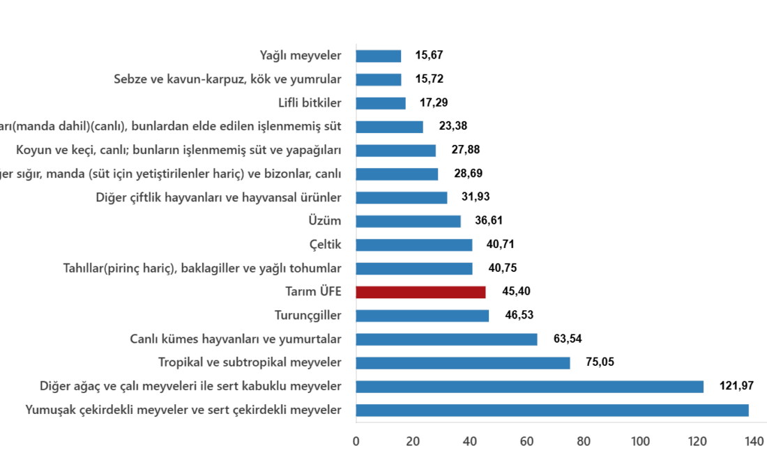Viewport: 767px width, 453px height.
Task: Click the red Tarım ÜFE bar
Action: click(421, 292)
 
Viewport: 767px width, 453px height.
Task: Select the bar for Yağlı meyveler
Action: click(379, 56)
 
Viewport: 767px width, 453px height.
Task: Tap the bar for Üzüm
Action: click(409, 221)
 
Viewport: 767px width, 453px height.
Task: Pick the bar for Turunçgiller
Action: click(423, 316)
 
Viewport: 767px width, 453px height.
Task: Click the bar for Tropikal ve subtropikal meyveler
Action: click(463, 362)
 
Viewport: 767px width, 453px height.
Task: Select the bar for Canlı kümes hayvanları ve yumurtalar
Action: click(447, 339)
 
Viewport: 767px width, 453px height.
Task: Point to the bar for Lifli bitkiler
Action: click(381, 103)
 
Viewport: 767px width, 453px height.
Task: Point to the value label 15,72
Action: click(430, 79)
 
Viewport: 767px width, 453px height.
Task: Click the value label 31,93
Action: click(476, 197)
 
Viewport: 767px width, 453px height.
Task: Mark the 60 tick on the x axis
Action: click(526, 440)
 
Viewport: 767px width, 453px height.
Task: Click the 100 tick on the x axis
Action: click(640, 440)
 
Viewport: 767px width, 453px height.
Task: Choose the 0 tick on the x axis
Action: click(356, 440)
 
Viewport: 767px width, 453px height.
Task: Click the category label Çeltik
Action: click(325, 245)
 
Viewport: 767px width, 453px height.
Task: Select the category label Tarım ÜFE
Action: click(313, 291)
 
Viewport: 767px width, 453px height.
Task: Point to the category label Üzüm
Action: click(324, 221)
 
